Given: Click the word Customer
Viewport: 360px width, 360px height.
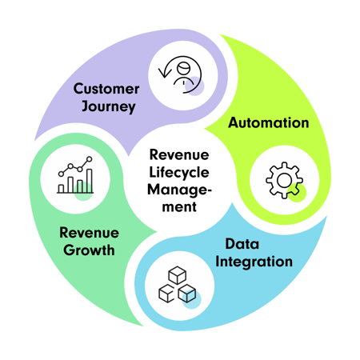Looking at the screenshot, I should click(x=106, y=88).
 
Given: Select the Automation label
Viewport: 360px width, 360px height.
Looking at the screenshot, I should click(x=269, y=123).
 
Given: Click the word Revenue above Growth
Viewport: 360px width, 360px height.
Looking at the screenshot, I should click(x=88, y=233).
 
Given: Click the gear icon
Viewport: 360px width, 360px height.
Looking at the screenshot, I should click(x=281, y=181).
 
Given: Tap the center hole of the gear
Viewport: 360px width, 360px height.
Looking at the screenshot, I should click(x=281, y=181).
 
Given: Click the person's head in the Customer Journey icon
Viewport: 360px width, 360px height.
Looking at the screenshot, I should click(x=183, y=67).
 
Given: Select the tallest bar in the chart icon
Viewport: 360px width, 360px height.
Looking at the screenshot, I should click(x=89, y=180).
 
